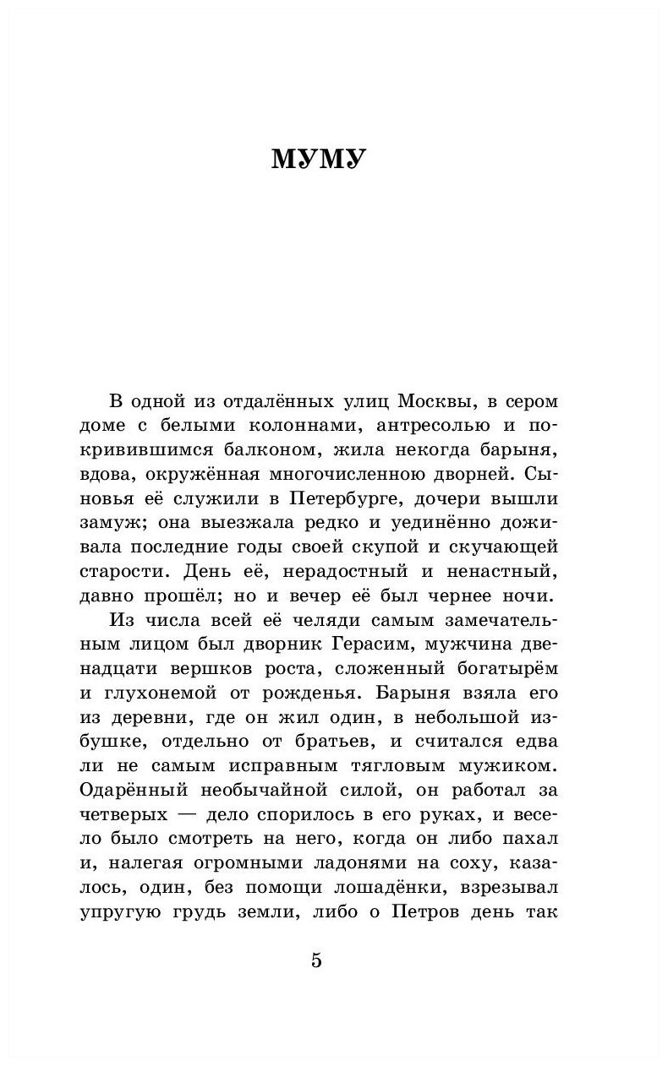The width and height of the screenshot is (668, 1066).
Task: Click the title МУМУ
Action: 318,159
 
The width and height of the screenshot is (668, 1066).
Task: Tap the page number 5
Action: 317,961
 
